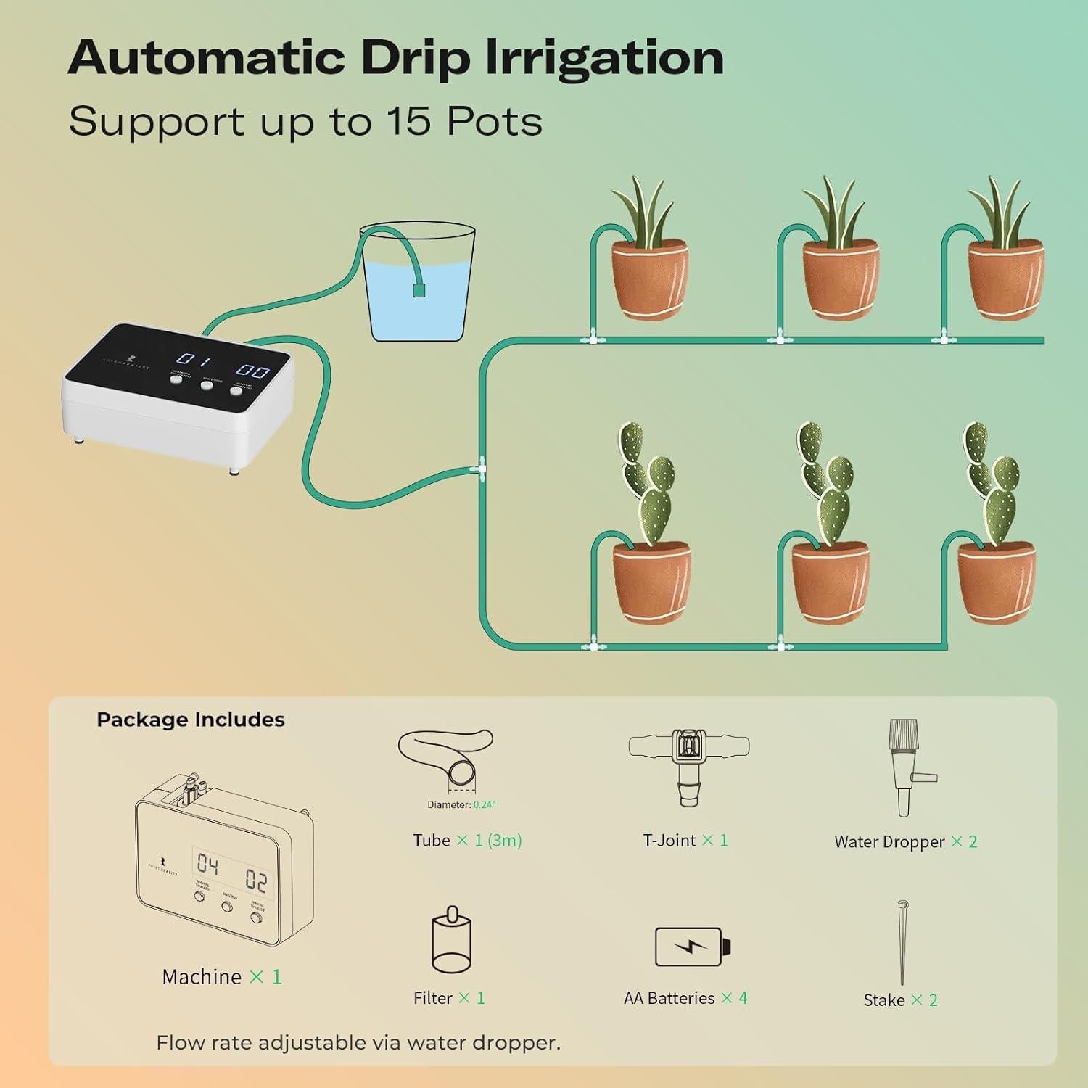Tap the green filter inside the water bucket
[419, 290]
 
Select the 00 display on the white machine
[252, 371]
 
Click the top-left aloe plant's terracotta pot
[649, 279]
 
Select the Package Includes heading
[191, 720]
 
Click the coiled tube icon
[446, 758]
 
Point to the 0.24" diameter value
[485, 804]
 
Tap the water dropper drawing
[906, 767]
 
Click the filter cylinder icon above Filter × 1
[451, 941]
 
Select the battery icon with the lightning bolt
[692, 947]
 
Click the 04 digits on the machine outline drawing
[208, 864]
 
